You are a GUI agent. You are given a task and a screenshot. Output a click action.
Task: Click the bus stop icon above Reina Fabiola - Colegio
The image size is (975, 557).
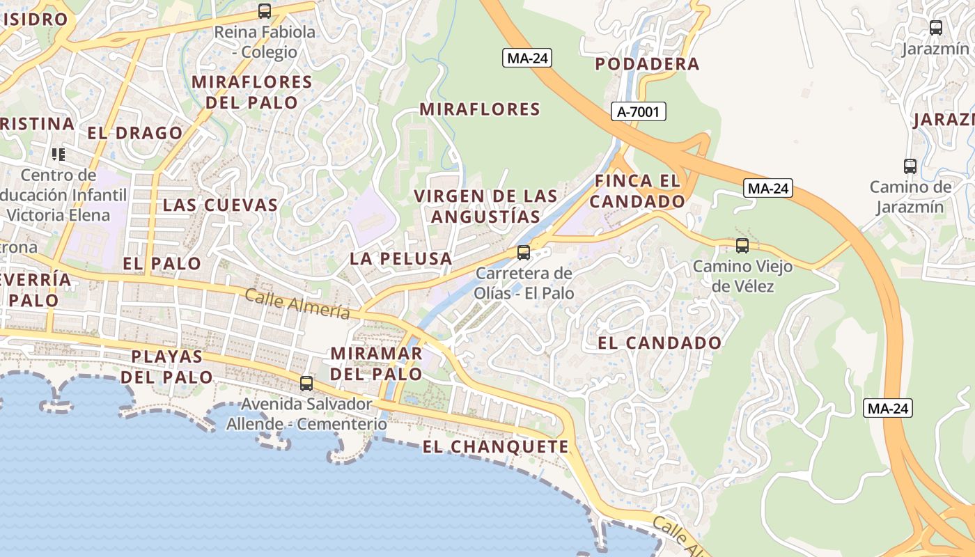click(264, 11)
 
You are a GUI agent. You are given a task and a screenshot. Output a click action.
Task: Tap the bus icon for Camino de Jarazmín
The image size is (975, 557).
click(910, 166)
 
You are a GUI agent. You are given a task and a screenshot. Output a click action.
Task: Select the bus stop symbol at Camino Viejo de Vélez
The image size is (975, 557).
click(742, 245)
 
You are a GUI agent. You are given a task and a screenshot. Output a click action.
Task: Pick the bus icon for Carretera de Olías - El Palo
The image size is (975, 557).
click(524, 252)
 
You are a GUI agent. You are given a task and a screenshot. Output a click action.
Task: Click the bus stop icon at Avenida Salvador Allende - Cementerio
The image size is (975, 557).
click(306, 383)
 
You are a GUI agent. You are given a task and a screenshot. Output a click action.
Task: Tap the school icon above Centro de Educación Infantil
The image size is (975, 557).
click(58, 154)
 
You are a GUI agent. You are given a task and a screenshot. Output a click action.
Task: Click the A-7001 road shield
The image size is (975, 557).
click(639, 111)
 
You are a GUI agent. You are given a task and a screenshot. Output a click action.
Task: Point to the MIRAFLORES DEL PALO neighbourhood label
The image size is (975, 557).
click(251, 92)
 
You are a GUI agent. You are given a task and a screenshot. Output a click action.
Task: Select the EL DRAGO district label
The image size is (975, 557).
click(134, 133)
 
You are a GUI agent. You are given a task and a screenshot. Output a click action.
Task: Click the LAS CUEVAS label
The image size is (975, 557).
click(220, 205)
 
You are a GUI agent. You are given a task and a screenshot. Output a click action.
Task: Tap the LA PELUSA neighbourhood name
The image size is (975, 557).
click(400, 259)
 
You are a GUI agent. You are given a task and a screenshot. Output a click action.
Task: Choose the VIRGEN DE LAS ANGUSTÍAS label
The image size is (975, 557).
click(485, 206)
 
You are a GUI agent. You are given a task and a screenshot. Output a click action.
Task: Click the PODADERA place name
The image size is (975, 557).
click(647, 64)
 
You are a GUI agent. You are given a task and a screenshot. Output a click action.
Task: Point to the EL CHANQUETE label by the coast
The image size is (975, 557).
click(495, 447)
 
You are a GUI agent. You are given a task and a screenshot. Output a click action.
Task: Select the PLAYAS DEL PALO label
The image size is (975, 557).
click(167, 367)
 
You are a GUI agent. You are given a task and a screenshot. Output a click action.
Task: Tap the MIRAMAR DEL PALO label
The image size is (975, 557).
click(376, 363)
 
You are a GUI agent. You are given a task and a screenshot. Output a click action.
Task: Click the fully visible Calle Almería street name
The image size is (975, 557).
click(297, 304)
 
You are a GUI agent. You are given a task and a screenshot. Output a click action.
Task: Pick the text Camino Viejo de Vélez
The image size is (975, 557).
click(733, 276)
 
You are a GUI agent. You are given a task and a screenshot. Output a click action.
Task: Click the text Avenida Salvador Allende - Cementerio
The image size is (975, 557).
click(306, 414)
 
